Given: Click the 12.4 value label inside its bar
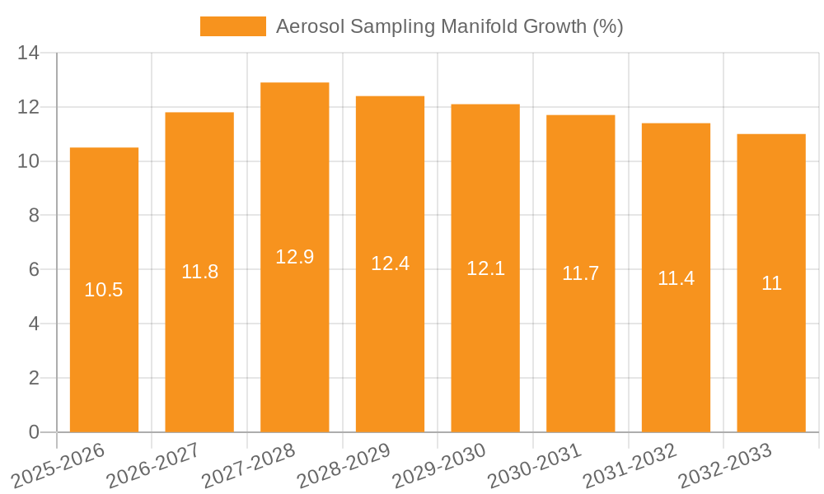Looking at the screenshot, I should (x=390, y=263).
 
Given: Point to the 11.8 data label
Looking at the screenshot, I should (x=199, y=272).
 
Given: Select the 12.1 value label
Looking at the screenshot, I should (x=485, y=268).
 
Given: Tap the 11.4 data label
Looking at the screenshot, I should (x=676, y=278).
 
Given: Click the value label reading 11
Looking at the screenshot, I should (x=771, y=283).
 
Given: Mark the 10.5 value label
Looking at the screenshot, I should (x=104, y=290).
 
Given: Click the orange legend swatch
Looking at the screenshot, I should (x=232, y=26).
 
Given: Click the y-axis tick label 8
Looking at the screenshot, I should (x=34, y=216).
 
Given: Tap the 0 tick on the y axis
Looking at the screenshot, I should (x=34, y=432).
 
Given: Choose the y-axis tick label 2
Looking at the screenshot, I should (x=34, y=378).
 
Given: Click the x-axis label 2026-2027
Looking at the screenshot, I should (x=152, y=465).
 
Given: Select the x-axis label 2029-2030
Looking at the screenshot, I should (x=438, y=465).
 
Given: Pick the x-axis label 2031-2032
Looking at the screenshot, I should (x=629, y=465).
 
